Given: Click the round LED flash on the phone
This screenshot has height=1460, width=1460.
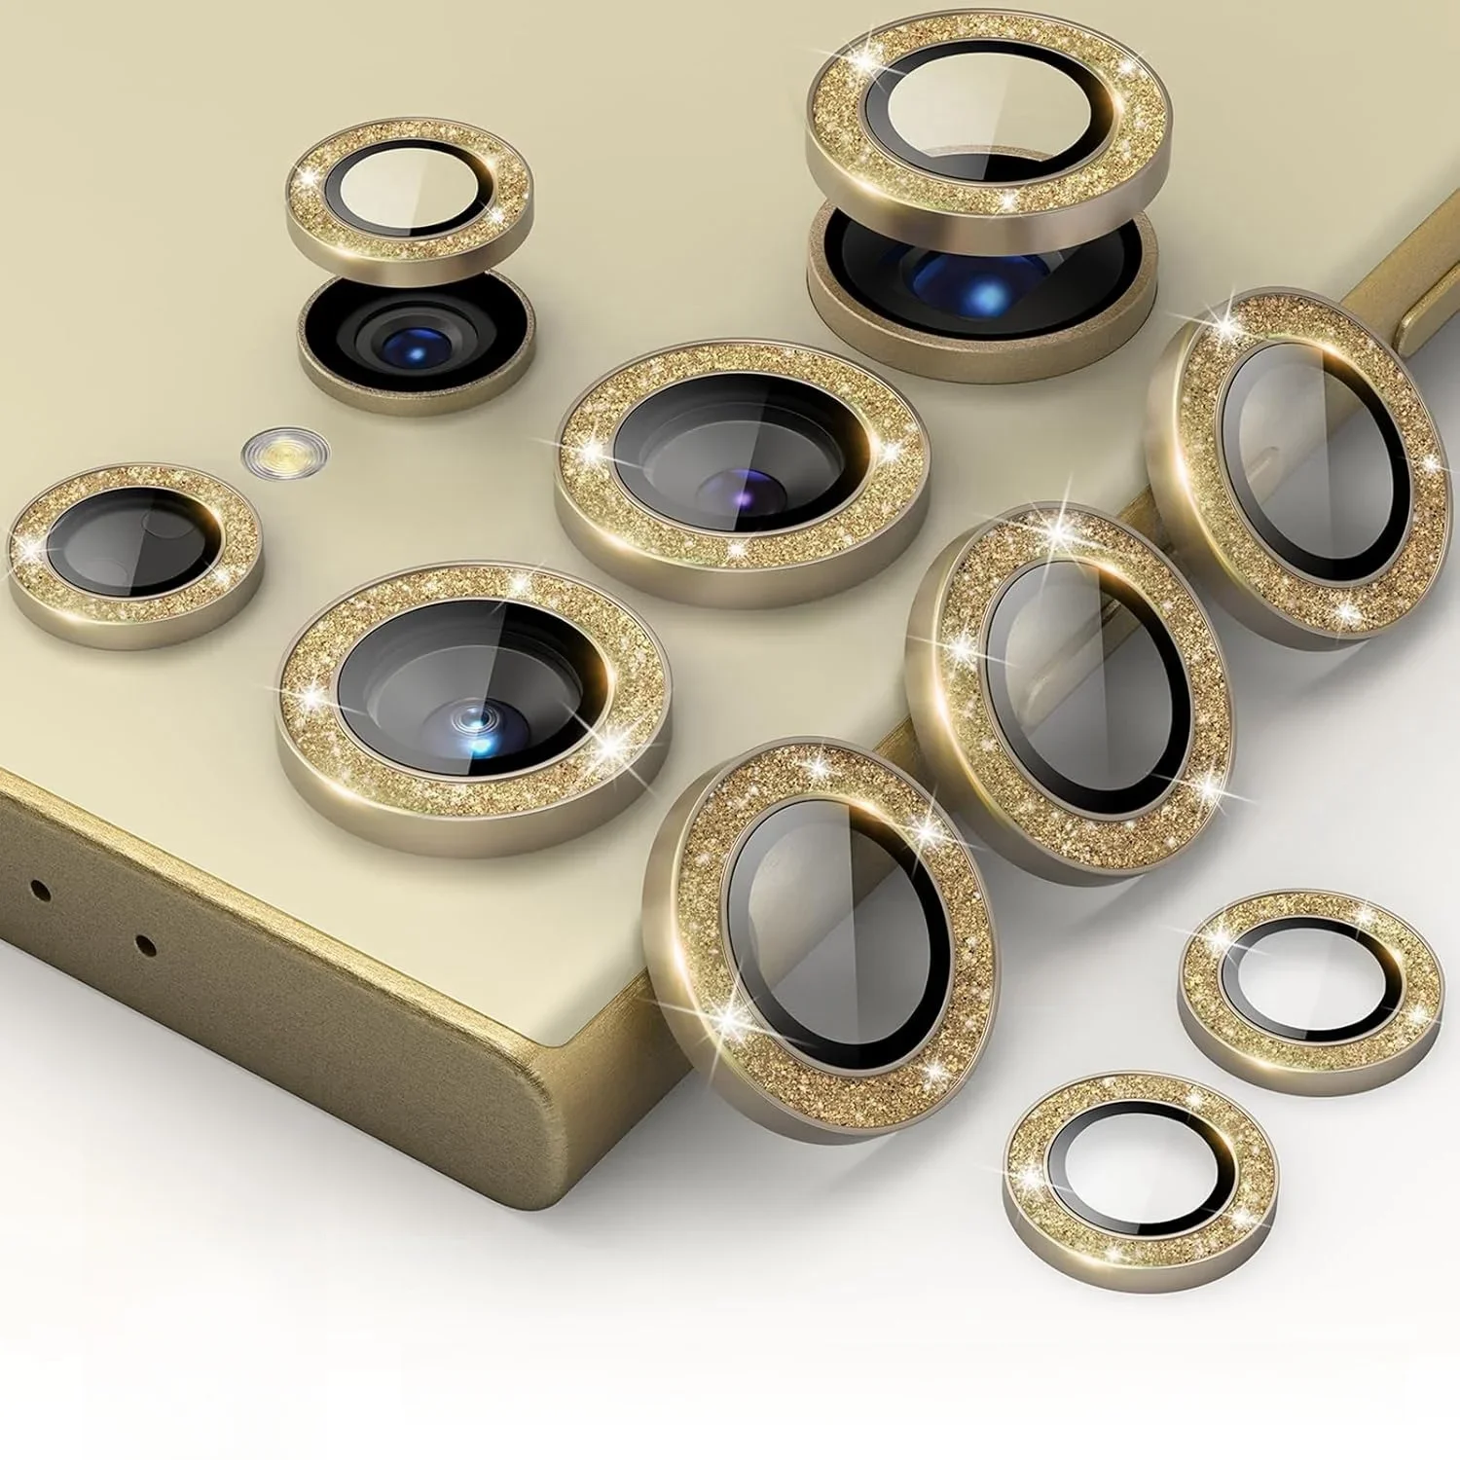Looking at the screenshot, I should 284,451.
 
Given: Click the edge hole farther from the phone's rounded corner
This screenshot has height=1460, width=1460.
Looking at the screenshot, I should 39,888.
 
